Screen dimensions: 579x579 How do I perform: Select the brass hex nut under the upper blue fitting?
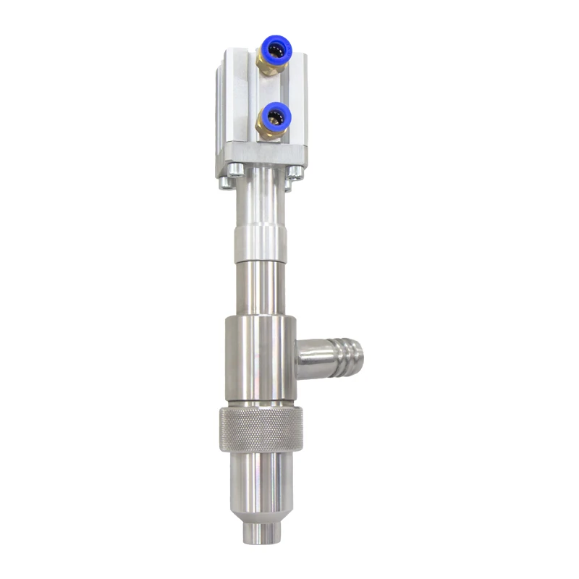point(269,69)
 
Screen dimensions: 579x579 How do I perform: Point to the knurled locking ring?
point(261,429)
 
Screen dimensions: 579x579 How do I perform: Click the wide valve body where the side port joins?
point(259,358)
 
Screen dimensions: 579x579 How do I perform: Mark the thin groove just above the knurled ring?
point(259,403)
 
